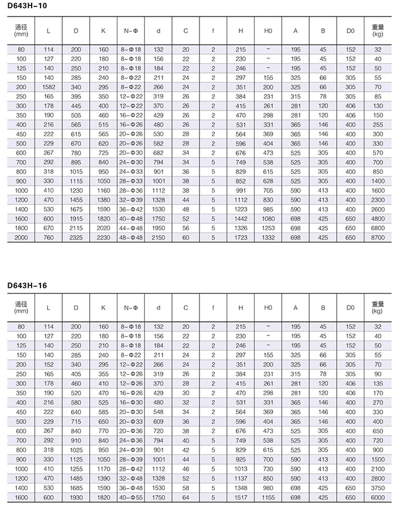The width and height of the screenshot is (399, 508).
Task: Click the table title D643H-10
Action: click(27, 5)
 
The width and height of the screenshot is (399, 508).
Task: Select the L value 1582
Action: click(49, 86)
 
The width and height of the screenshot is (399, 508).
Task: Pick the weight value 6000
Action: click(377, 497)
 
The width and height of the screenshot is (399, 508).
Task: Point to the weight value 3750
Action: click(377, 487)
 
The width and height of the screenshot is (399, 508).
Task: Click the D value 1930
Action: click(76, 497)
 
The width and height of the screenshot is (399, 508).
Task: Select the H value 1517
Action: click(241, 497)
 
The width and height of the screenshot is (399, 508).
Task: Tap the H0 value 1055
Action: click(268, 497)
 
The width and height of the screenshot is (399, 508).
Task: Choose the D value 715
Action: click(76, 421)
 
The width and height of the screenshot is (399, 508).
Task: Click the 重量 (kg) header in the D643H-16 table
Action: click(377, 307)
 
